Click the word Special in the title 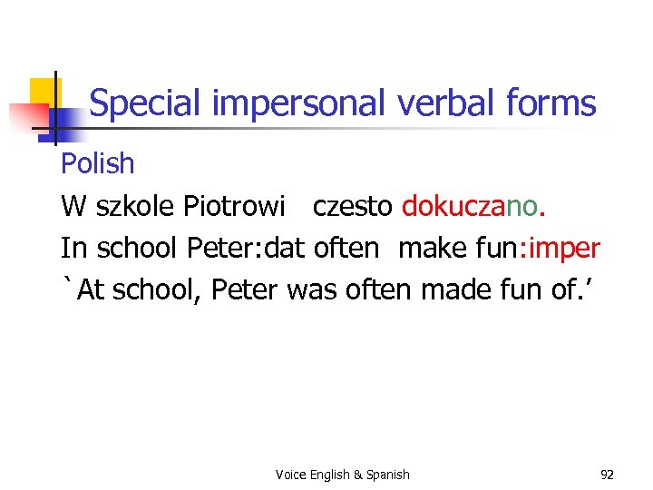click(146, 104)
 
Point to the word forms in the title click(554, 103)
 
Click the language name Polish click(97, 164)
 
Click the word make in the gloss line click(432, 248)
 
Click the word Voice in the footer click(290, 475)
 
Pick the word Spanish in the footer click(387, 475)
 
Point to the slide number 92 click(607, 474)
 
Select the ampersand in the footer click(357, 475)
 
